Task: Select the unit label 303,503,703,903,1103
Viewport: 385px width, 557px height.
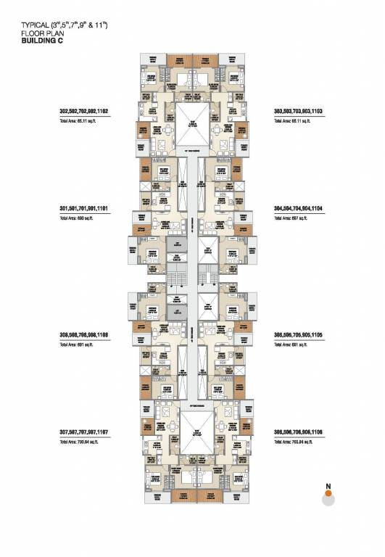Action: click(x=298, y=112)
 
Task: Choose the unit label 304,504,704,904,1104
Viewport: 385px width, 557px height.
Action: click(x=298, y=208)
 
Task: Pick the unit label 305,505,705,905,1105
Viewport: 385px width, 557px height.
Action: click(x=298, y=335)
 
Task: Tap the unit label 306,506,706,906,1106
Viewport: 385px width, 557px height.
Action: click(x=298, y=432)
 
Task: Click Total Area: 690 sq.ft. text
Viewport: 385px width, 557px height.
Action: click(x=78, y=218)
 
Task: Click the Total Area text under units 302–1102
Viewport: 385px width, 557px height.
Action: click(x=79, y=121)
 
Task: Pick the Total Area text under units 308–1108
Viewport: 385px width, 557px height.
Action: click(x=78, y=344)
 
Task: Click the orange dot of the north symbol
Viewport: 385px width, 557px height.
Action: click(x=328, y=494)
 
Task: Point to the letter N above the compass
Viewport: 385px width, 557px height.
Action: click(x=328, y=486)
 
